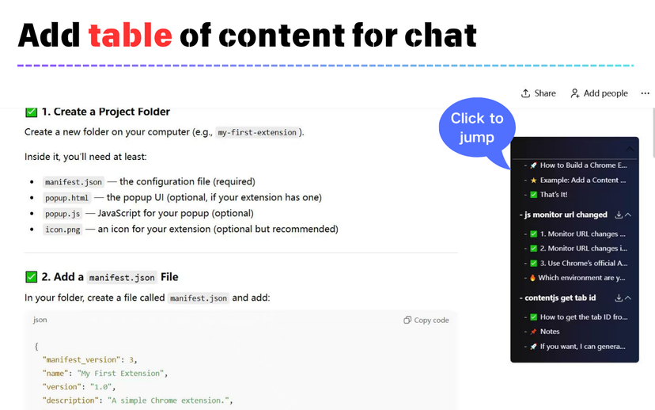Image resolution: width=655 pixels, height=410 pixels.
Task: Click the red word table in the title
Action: pyautogui.click(x=130, y=35)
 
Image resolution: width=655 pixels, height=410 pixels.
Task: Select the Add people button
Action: pyautogui.click(x=599, y=93)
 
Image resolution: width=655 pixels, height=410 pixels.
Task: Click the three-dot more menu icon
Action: pyautogui.click(x=645, y=93)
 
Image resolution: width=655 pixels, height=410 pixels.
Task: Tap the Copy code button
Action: pyautogui.click(x=426, y=320)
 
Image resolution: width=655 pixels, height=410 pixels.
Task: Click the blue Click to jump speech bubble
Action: pyautogui.click(x=477, y=128)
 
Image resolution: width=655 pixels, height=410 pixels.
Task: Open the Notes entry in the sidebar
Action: pyautogui.click(x=549, y=332)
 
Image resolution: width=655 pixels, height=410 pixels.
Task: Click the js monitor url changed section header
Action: pyautogui.click(x=566, y=214)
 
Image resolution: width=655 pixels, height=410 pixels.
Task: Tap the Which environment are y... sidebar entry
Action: pyautogui.click(x=581, y=278)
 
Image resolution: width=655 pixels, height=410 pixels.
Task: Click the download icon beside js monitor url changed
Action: pyautogui.click(x=619, y=214)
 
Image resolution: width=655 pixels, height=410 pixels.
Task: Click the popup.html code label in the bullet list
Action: pyautogui.click(x=66, y=198)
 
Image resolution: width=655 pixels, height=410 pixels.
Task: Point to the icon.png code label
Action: pyautogui.click(x=62, y=230)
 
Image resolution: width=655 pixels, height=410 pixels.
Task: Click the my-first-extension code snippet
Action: pyautogui.click(x=257, y=132)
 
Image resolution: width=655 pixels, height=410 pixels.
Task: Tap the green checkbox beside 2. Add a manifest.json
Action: pyautogui.click(x=32, y=277)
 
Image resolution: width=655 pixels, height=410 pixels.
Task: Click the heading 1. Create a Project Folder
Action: pyautogui.click(x=106, y=112)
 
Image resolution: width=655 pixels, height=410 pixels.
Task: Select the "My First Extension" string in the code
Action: pyautogui.click(x=121, y=374)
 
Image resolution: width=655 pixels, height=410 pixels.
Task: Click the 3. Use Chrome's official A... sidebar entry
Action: pyautogui.click(x=583, y=264)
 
